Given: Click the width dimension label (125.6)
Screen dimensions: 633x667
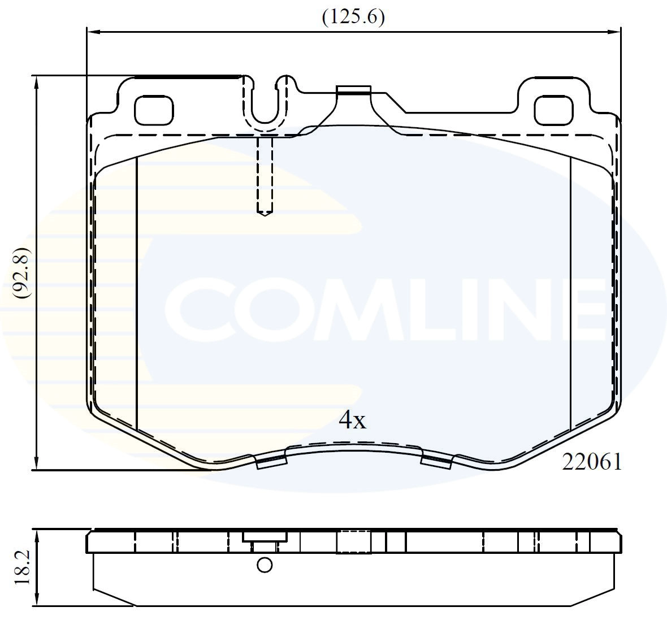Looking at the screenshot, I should point(353,17).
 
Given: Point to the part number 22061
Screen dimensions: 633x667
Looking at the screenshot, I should point(591,462).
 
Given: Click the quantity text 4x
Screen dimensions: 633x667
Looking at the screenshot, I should point(353,420).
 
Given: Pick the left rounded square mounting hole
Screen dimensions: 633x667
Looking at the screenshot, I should point(153,110).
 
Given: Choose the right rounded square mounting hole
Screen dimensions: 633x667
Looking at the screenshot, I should point(554,110).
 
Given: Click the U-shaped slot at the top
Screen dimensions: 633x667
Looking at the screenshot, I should point(266,105).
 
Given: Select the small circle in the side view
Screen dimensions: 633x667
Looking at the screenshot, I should point(264,565).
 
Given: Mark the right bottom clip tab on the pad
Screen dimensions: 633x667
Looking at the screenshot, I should point(437,461).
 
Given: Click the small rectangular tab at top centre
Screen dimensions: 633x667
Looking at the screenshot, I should point(353,90).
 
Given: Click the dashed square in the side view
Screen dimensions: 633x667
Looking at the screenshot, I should point(353,541).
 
